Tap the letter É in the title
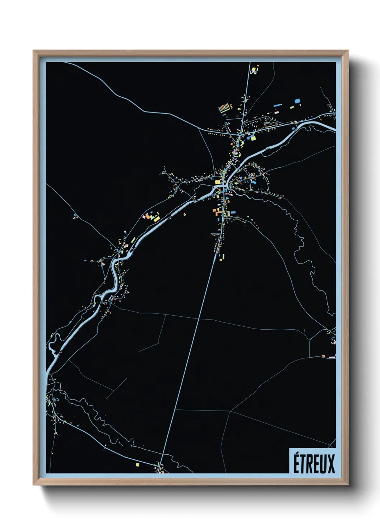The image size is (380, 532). point(297,463)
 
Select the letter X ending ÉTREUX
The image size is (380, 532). point(330,464)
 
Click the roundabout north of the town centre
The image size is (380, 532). point(239,134)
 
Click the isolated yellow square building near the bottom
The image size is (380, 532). point(137,464)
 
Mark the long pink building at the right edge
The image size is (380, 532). point(332,357)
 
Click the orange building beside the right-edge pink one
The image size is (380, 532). point(323,356)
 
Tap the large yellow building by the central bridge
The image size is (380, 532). point(217,182)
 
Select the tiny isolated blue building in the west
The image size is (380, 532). point(75,216)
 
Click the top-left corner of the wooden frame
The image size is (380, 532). point(33,51)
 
